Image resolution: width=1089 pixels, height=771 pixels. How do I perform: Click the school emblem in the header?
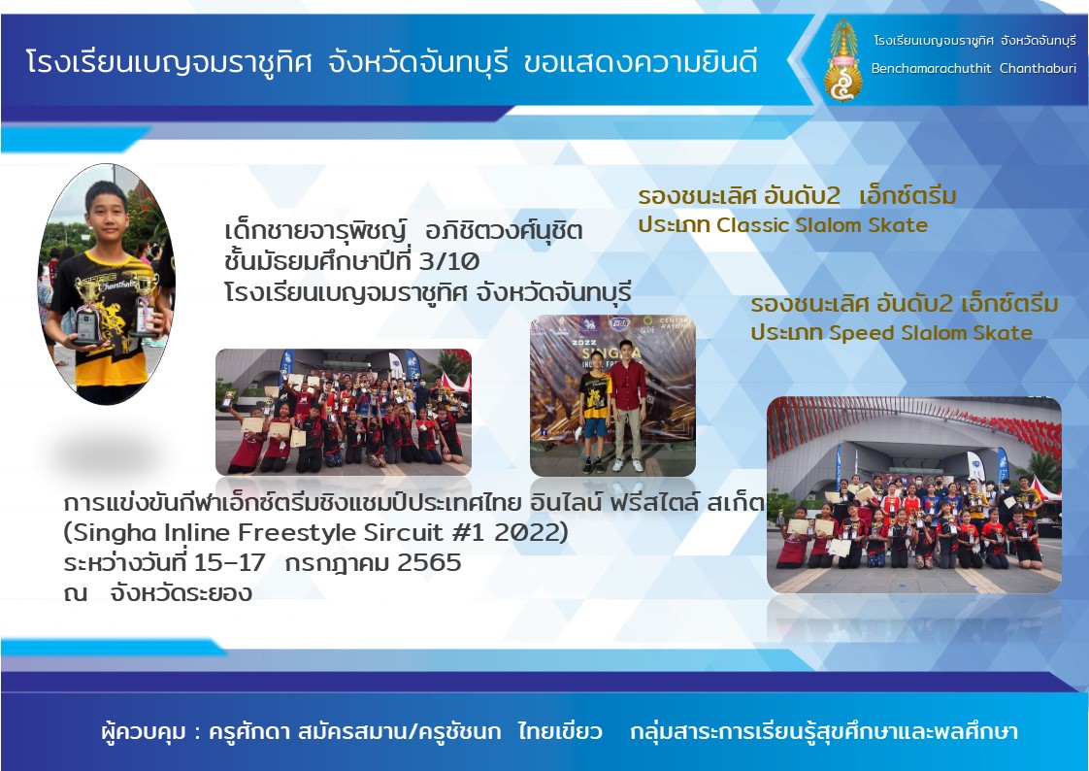[x=843, y=61]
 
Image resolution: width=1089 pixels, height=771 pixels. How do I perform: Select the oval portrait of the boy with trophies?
[x=106, y=284]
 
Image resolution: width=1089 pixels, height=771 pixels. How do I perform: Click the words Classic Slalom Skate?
[x=822, y=225]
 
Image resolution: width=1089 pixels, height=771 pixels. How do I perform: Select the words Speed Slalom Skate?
[x=930, y=333]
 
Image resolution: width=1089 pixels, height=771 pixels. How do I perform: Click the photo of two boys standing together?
[x=612, y=396]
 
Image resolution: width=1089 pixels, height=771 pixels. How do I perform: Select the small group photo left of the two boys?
[x=343, y=412]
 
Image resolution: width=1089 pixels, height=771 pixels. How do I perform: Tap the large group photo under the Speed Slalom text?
[x=914, y=494]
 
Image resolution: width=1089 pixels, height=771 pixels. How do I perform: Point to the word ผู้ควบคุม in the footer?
[x=143, y=732]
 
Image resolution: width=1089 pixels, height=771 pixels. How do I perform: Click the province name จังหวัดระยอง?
[x=181, y=593]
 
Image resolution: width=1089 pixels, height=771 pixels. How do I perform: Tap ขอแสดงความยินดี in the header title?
[x=640, y=62]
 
